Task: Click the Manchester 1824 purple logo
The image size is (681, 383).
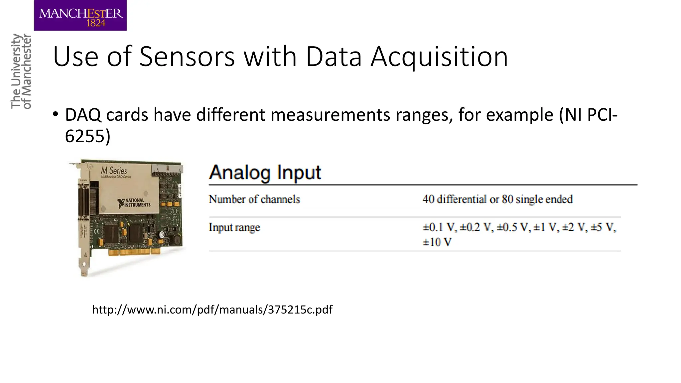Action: pos(80,16)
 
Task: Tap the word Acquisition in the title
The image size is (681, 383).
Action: pos(439,57)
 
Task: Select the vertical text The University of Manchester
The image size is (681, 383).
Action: pos(21,71)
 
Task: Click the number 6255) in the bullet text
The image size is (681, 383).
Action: pos(87,136)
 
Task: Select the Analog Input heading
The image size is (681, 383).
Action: pos(265,173)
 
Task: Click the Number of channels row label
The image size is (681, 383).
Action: pos(254,199)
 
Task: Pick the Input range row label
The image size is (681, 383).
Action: pos(234,227)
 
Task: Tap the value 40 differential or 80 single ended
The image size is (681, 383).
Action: pos(497,199)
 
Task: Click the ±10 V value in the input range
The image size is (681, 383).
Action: pos(437,242)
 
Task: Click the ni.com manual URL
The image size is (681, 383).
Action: pos(212,310)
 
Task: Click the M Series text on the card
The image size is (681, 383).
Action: pos(114,171)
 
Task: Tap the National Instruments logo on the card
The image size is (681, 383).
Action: pos(134,203)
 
